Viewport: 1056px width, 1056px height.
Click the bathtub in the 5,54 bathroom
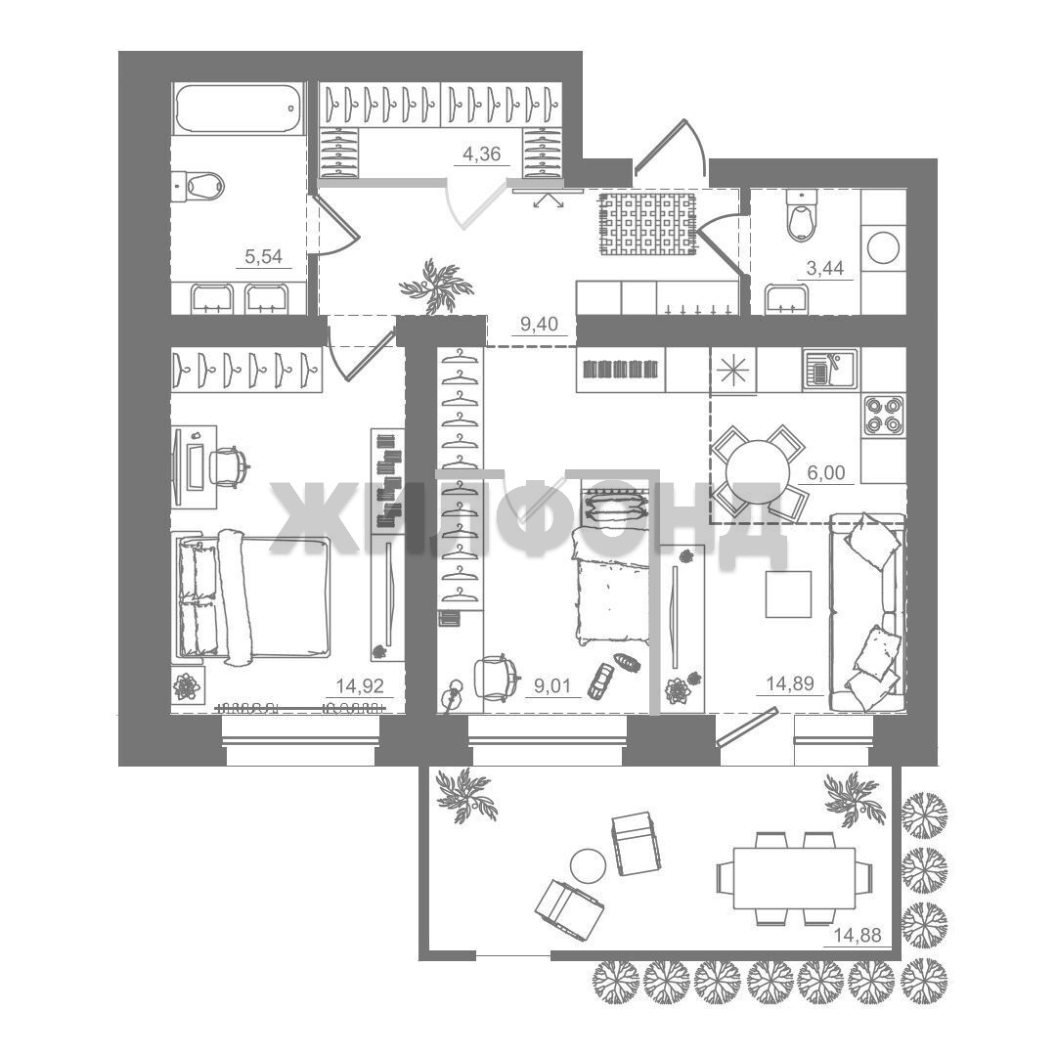pyautogui.click(x=239, y=108)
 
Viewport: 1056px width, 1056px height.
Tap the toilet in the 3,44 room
pyautogui.click(x=802, y=215)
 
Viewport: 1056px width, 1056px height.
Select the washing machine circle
pyautogui.click(x=884, y=247)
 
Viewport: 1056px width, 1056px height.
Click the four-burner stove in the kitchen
pyautogui.click(x=884, y=416)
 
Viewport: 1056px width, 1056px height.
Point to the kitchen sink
pyautogui.click(x=830, y=370)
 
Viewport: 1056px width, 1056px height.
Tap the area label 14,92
pyautogui.click(x=360, y=686)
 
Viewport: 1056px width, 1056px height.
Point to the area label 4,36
pyautogui.click(x=481, y=154)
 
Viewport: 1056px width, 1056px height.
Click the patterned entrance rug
pyautogui.click(x=648, y=224)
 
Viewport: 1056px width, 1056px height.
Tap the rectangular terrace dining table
pyautogui.click(x=794, y=877)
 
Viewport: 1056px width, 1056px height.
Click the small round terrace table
pyautogui.click(x=588, y=866)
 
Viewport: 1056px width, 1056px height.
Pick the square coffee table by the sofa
pyautogui.click(x=788, y=594)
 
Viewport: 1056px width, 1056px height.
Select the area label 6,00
pyautogui.click(x=826, y=473)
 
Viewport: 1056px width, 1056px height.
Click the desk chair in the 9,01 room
pyautogui.click(x=497, y=677)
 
